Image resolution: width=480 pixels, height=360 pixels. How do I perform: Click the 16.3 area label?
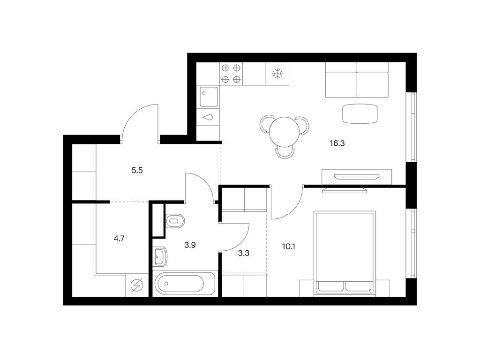tap(337, 143)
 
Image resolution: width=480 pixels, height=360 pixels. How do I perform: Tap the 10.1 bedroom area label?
tap(288, 247)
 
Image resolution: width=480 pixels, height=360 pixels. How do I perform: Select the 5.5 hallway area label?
tap(137, 170)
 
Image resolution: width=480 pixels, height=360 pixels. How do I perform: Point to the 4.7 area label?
tap(119, 238)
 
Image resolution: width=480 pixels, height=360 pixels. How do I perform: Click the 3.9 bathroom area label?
tap(190, 245)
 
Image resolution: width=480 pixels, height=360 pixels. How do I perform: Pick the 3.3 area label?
tap(244, 253)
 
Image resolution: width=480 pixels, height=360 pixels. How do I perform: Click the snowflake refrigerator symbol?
tap(277, 74)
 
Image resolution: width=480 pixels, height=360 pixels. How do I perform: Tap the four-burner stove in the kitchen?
tap(231, 74)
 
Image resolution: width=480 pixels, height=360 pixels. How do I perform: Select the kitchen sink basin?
tap(209, 97)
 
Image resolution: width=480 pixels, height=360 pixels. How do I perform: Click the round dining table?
tap(284, 132)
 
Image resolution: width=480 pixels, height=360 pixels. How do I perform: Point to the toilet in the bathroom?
tap(175, 221)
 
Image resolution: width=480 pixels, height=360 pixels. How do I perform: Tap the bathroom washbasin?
tap(160, 256)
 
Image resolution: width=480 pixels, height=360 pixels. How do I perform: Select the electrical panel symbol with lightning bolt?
tap(137, 285)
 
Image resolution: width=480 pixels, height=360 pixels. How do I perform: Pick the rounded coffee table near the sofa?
tap(360, 114)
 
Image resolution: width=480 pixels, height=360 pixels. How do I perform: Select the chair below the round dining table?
tap(285, 153)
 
